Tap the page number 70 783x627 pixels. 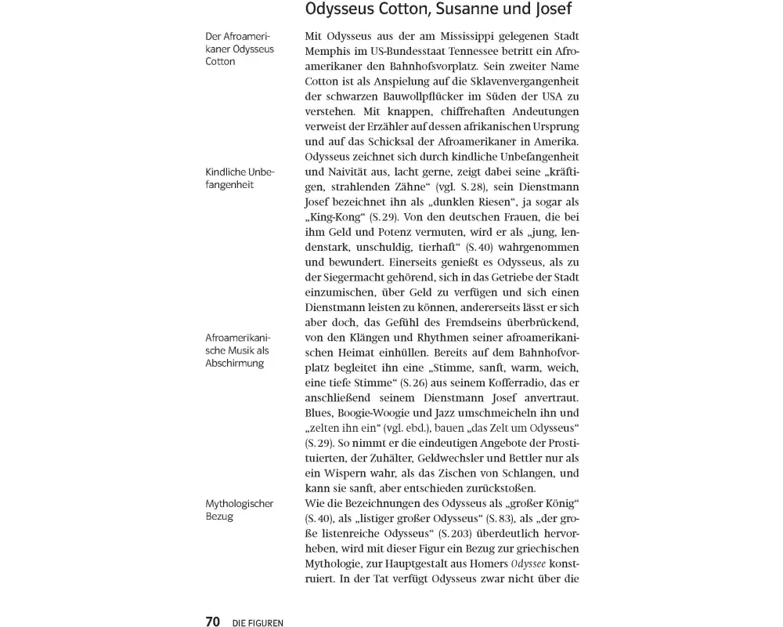pos(213,622)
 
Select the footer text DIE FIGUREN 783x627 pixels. pos(258,623)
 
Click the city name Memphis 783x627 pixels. pos(327,53)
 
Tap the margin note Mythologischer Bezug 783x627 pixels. pos(239,510)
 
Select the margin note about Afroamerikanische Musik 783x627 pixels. pos(237,350)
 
